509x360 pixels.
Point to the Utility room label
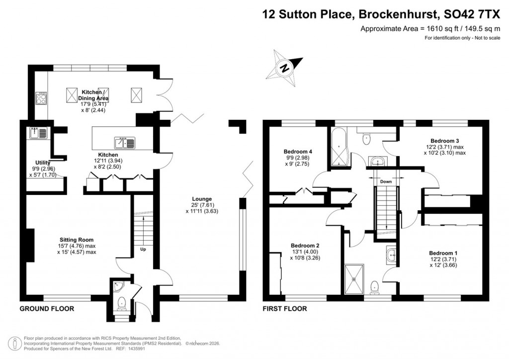(42, 163)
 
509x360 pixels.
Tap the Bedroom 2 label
(305, 246)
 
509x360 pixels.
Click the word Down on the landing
(386, 181)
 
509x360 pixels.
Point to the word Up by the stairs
(143, 249)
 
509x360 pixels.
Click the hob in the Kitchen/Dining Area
(41, 98)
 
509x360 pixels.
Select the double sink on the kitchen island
(124, 143)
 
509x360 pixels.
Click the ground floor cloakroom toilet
(121, 303)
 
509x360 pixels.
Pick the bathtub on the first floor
(340, 148)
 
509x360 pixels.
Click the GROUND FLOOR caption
(47, 309)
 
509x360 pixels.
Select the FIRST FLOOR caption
(285, 309)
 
